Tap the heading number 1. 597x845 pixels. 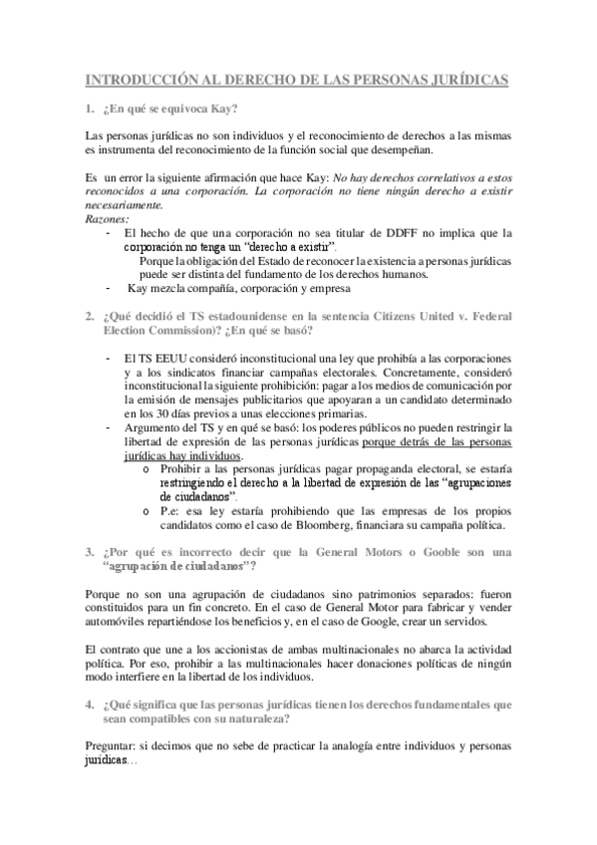[90, 108]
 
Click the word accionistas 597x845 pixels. [219, 651]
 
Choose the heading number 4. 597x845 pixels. [90, 704]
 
